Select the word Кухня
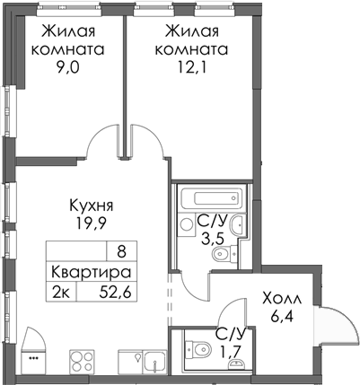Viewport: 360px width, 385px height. click(95, 205)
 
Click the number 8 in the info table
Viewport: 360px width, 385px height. click(121, 252)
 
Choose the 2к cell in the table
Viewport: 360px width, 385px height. click(62, 289)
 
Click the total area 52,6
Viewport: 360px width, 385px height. click(111, 289)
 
